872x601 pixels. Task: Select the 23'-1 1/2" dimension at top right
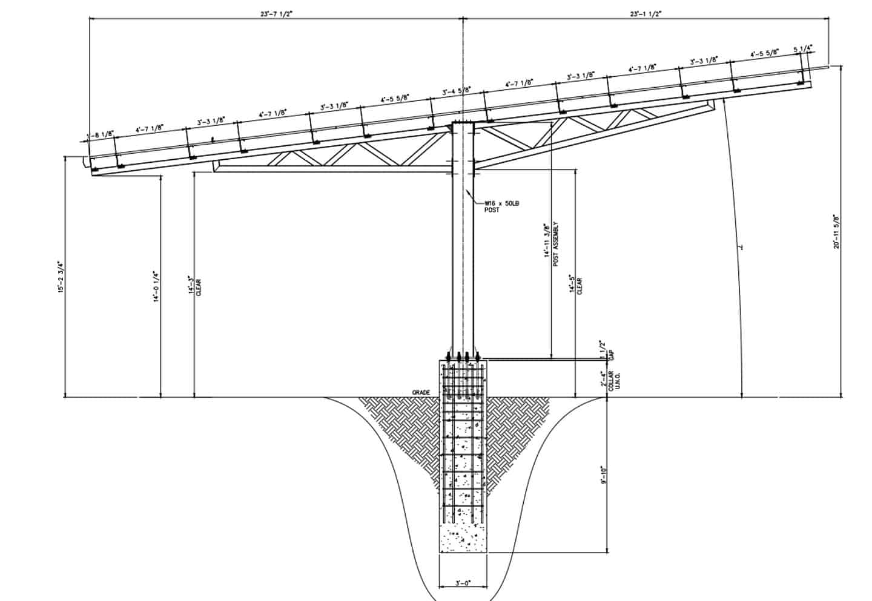coord(646,13)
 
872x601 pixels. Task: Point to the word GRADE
coord(421,393)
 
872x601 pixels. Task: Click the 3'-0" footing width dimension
coord(463,583)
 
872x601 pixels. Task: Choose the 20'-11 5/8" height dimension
coord(836,231)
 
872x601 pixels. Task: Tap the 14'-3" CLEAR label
coord(194,286)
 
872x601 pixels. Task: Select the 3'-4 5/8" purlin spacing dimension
coord(457,92)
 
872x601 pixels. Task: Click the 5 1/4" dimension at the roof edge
coord(802,48)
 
